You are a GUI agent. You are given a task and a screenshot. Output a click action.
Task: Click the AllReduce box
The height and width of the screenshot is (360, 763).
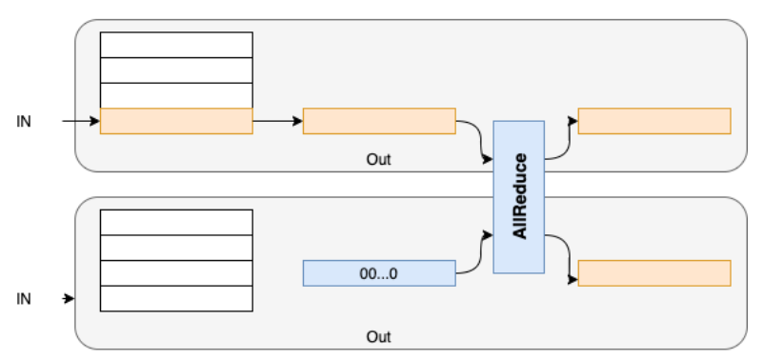(x=518, y=197)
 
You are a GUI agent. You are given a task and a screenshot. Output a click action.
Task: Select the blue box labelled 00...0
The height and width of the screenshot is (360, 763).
(x=378, y=273)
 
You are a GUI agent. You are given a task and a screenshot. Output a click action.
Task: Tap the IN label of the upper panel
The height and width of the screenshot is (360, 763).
(x=24, y=122)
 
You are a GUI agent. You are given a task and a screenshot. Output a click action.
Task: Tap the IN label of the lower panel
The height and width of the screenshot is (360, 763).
(x=24, y=299)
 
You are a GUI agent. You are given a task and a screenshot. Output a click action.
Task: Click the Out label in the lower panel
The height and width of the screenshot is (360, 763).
(x=378, y=337)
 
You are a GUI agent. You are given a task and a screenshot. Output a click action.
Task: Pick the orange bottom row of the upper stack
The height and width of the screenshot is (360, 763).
(x=176, y=121)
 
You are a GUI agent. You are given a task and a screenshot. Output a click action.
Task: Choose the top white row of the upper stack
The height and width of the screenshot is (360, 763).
(x=176, y=45)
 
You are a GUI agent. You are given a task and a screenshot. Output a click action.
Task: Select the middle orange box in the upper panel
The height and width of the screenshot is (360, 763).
(x=378, y=121)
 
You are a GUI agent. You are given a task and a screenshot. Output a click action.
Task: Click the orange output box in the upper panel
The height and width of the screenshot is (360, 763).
(x=654, y=121)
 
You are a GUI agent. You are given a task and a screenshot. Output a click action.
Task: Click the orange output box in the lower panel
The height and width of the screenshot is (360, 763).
(x=654, y=272)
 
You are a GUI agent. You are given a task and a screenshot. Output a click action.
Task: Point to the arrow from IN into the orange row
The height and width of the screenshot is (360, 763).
(x=80, y=122)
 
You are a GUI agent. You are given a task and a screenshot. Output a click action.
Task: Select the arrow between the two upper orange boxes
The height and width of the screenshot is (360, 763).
(x=277, y=122)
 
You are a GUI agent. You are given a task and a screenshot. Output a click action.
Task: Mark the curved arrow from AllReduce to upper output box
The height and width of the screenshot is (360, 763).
(x=560, y=138)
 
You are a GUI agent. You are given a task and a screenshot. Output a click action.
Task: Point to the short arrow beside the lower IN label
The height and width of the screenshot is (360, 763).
(x=69, y=299)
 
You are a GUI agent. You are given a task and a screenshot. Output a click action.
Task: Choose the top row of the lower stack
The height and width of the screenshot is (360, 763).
(x=176, y=222)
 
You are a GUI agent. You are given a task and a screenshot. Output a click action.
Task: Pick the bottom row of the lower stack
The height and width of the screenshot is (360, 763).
(x=176, y=298)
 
